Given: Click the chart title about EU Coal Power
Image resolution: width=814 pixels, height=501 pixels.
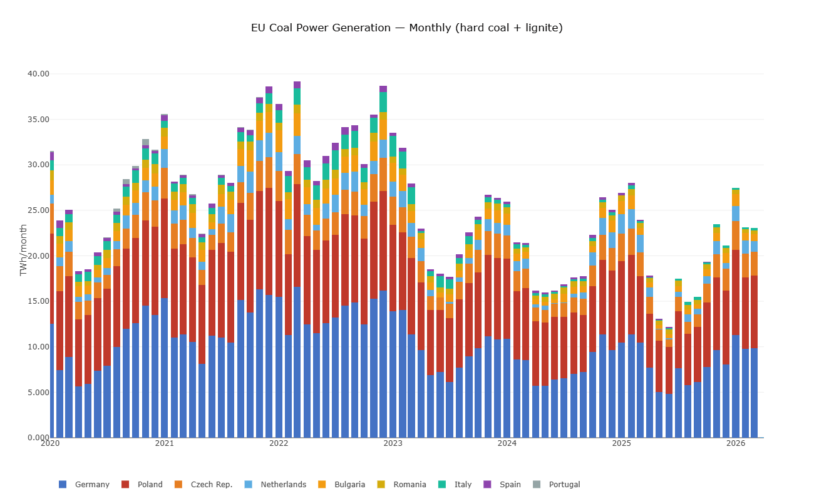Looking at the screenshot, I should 406,28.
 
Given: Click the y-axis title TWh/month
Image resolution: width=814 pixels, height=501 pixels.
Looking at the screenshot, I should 23,250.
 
